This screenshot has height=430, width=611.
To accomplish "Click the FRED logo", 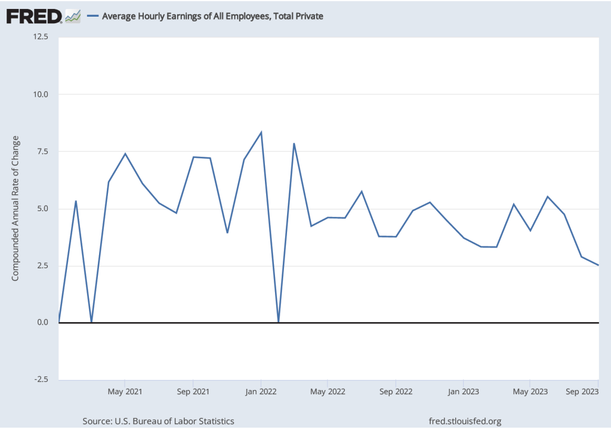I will pyautogui.click(x=35, y=16).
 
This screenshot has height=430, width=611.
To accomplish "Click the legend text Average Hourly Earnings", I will pyautogui.click(x=212, y=16).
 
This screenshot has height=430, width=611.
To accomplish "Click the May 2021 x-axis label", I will pyautogui.click(x=125, y=392).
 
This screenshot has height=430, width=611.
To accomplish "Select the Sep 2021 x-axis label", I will pyautogui.click(x=193, y=392).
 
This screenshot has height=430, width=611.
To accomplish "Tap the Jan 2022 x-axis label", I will pyautogui.click(x=260, y=392).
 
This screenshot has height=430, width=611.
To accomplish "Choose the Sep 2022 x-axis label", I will pyautogui.click(x=396, y=392).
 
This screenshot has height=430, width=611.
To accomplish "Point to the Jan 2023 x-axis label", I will pyautogui.click(x=463, y=392).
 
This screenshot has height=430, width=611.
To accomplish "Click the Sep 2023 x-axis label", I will pyautogui.click(x=582, y=392).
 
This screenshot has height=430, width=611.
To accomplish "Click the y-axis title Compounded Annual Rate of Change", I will pyautogui.click(x=16, y=208).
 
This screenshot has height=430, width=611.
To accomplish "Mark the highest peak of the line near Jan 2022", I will pyautogui.click(x=261, y=132).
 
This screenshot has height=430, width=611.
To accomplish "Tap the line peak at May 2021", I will pyautogui.click(x=125, y=154).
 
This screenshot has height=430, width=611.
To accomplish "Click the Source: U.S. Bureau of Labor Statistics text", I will pyautogui.click(x=158, y=422).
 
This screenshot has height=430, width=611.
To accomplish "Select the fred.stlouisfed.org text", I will pyautogui.click(x=466, y=422).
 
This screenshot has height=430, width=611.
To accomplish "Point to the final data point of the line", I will pyautogui.click(x=598, y=265).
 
